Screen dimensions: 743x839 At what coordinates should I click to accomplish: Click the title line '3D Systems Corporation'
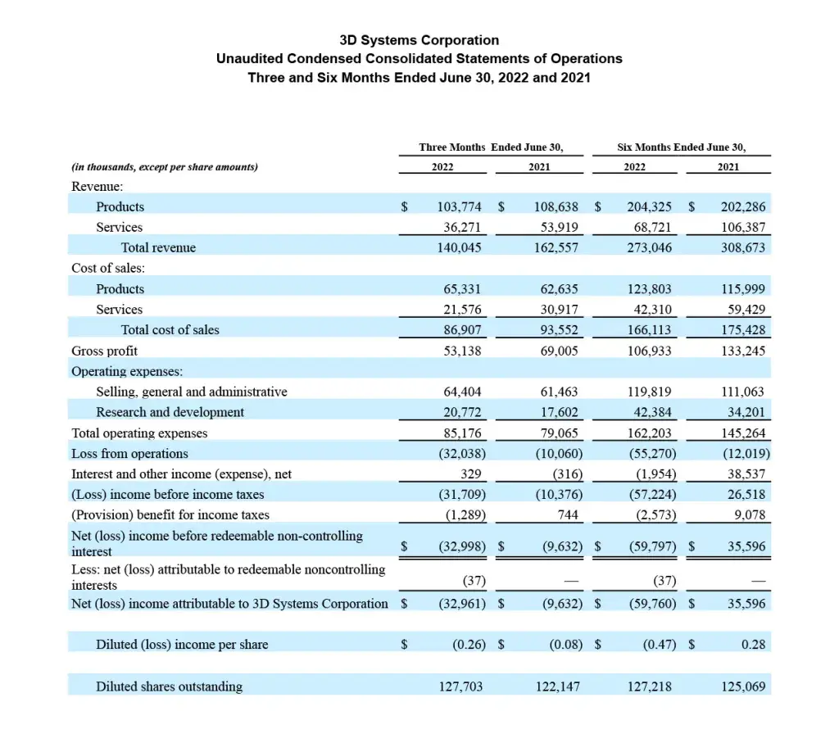tap(419, 40)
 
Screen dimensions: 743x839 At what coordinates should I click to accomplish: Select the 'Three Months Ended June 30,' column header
tap(491, 147)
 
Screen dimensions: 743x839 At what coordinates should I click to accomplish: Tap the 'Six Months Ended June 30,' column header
tap(682, 147)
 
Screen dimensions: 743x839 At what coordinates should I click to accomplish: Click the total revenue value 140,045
tap(460, 247)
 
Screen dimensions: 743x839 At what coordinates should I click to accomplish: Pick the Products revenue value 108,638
tap(556, 207)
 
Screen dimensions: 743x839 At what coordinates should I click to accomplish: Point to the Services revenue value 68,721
tap(650, 227)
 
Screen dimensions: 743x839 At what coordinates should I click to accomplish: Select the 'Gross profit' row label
tap(104, 351)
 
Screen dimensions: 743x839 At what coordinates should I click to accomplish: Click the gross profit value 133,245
tap(743, 351)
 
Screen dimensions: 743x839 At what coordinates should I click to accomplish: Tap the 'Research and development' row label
tap(170, 412)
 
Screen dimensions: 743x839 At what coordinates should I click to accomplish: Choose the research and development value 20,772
tap(462, 412)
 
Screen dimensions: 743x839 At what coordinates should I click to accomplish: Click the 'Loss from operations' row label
tap(129, 453)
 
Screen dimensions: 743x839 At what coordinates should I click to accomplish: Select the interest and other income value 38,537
tap(744, 473)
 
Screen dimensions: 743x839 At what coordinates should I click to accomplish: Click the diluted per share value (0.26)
tap(469, 645)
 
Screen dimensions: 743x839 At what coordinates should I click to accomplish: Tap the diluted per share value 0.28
tap(753, 645)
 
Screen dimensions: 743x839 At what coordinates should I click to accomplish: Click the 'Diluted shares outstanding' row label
tap(169, 686)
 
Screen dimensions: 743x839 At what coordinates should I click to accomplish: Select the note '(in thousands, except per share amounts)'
tap(165, 167)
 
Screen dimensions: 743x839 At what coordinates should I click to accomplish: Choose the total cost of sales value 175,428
tap(743, 330)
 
